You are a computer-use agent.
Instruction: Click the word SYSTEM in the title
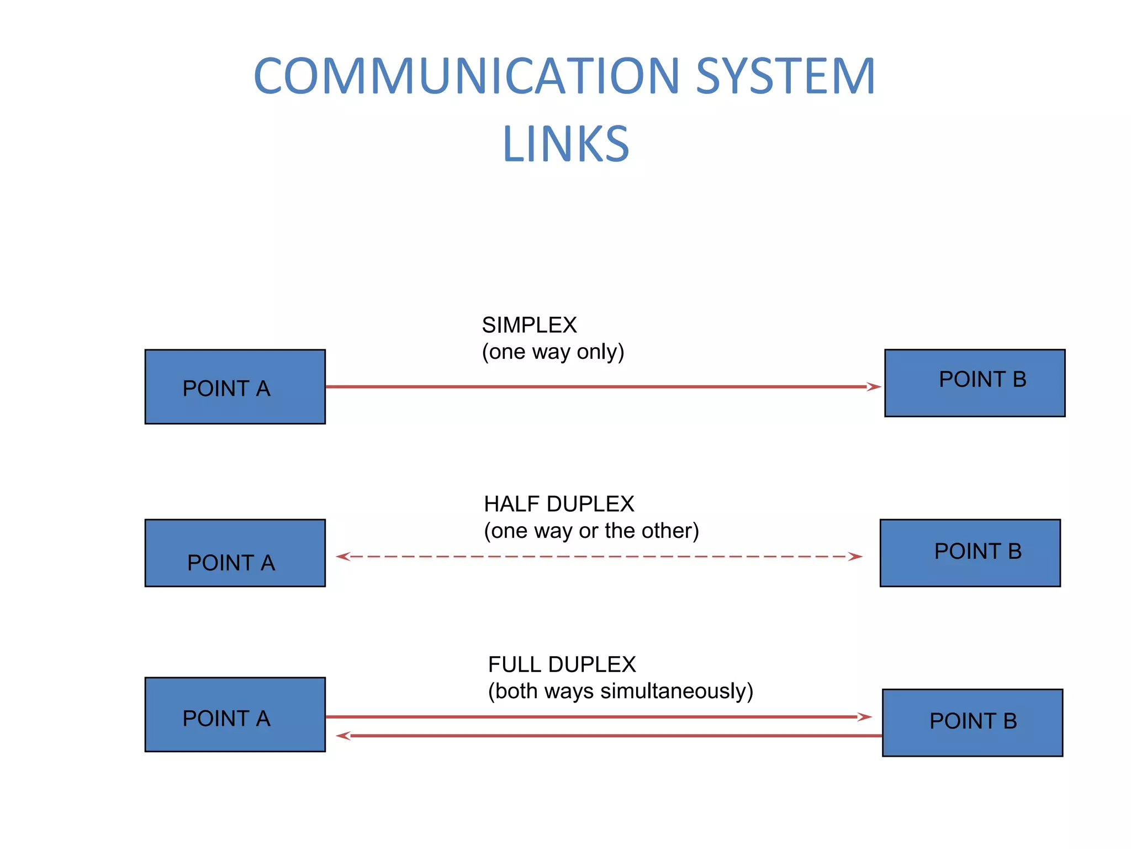coord(785,76)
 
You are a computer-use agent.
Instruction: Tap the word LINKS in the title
coord(565,144)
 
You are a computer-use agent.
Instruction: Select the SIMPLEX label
coord(529,325)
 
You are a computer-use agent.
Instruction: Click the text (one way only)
coord(553,352)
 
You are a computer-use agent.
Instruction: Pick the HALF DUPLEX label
coord(559,504)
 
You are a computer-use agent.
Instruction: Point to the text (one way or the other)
coord(591,531)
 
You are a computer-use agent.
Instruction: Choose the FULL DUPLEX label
coord(562,664)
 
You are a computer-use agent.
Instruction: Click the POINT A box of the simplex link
coord(235,387)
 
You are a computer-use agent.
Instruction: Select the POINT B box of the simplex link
coord(975,383)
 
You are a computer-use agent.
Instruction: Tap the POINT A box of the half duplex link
coord(235,553)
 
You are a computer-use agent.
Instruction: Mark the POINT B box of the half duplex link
coord(970,553)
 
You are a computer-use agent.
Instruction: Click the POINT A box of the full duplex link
coord(235,715)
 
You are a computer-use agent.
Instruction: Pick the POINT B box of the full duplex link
coord(973,722)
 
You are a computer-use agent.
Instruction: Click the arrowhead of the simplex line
coord(874,387)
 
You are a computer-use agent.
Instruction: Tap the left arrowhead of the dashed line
coord(343,557)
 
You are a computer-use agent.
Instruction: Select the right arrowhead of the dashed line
coord(855,557)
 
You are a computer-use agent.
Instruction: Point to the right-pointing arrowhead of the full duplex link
coord(864,717)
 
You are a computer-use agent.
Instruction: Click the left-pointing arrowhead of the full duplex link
coord(343,736)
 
